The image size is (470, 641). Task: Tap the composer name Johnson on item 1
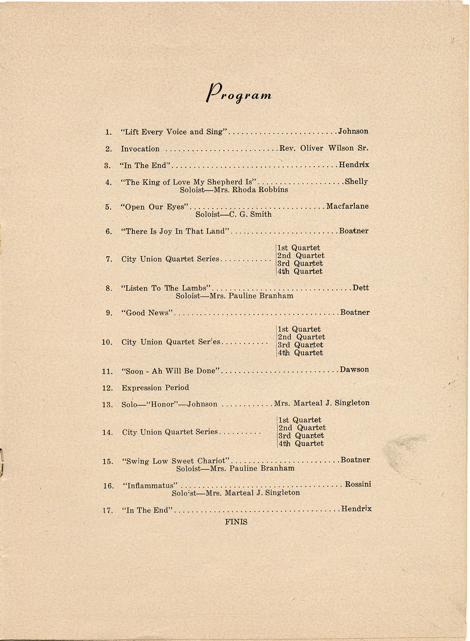click(x=353, y=131)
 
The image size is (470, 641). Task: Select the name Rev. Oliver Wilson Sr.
click(x=324, y=148)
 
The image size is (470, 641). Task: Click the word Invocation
click(x=140, y=149)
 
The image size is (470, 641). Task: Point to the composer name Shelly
click(x=356, y=182)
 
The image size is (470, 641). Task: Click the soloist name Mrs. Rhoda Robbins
click(x=251, y=190)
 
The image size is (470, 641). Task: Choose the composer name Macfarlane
click(x=347, y=206)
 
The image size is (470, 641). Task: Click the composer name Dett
click(x=361, y=288)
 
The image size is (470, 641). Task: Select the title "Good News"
click(x=148, y=313)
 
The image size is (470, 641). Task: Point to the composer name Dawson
click(x=354, y=369)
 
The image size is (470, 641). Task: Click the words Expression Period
click(x=155, y=388)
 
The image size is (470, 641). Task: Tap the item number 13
click(x=108, y=405)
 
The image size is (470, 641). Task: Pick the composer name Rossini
click(x=358, y=484)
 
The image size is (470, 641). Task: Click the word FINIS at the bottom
click(x=236, y=522)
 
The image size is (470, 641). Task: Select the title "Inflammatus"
click(x=150, y=486)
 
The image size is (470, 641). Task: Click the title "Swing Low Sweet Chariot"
click(x=177, y=461)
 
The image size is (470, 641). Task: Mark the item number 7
click(x=109, y=259)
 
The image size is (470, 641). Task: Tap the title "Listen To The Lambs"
click(x=167, y=288)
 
